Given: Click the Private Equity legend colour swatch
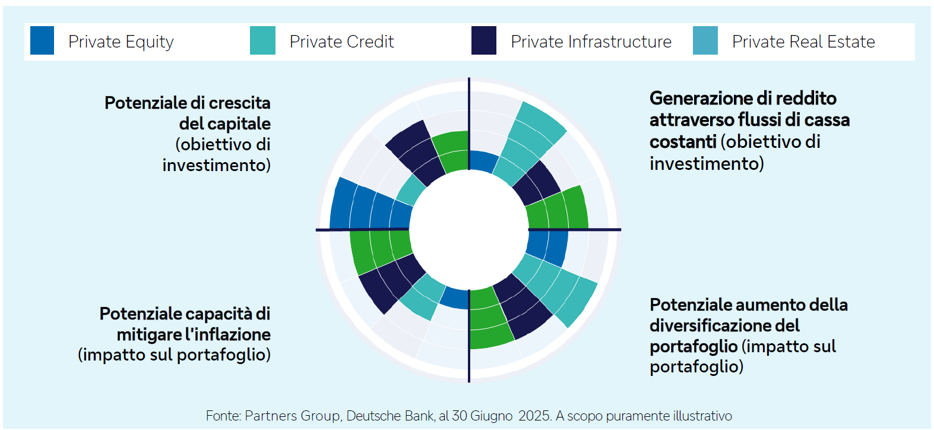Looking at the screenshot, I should point(42,41).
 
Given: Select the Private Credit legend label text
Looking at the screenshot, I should point(341,42).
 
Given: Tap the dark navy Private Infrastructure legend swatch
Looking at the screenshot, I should point(483,41).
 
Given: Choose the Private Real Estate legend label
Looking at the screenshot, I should point(803,42).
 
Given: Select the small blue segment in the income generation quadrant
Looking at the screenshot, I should point(482,161).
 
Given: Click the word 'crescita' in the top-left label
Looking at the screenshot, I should point(240,103).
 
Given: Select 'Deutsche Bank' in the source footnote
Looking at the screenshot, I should point(390,416).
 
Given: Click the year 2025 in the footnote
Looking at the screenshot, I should point(534,416).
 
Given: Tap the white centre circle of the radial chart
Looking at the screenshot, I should point(468,230).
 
